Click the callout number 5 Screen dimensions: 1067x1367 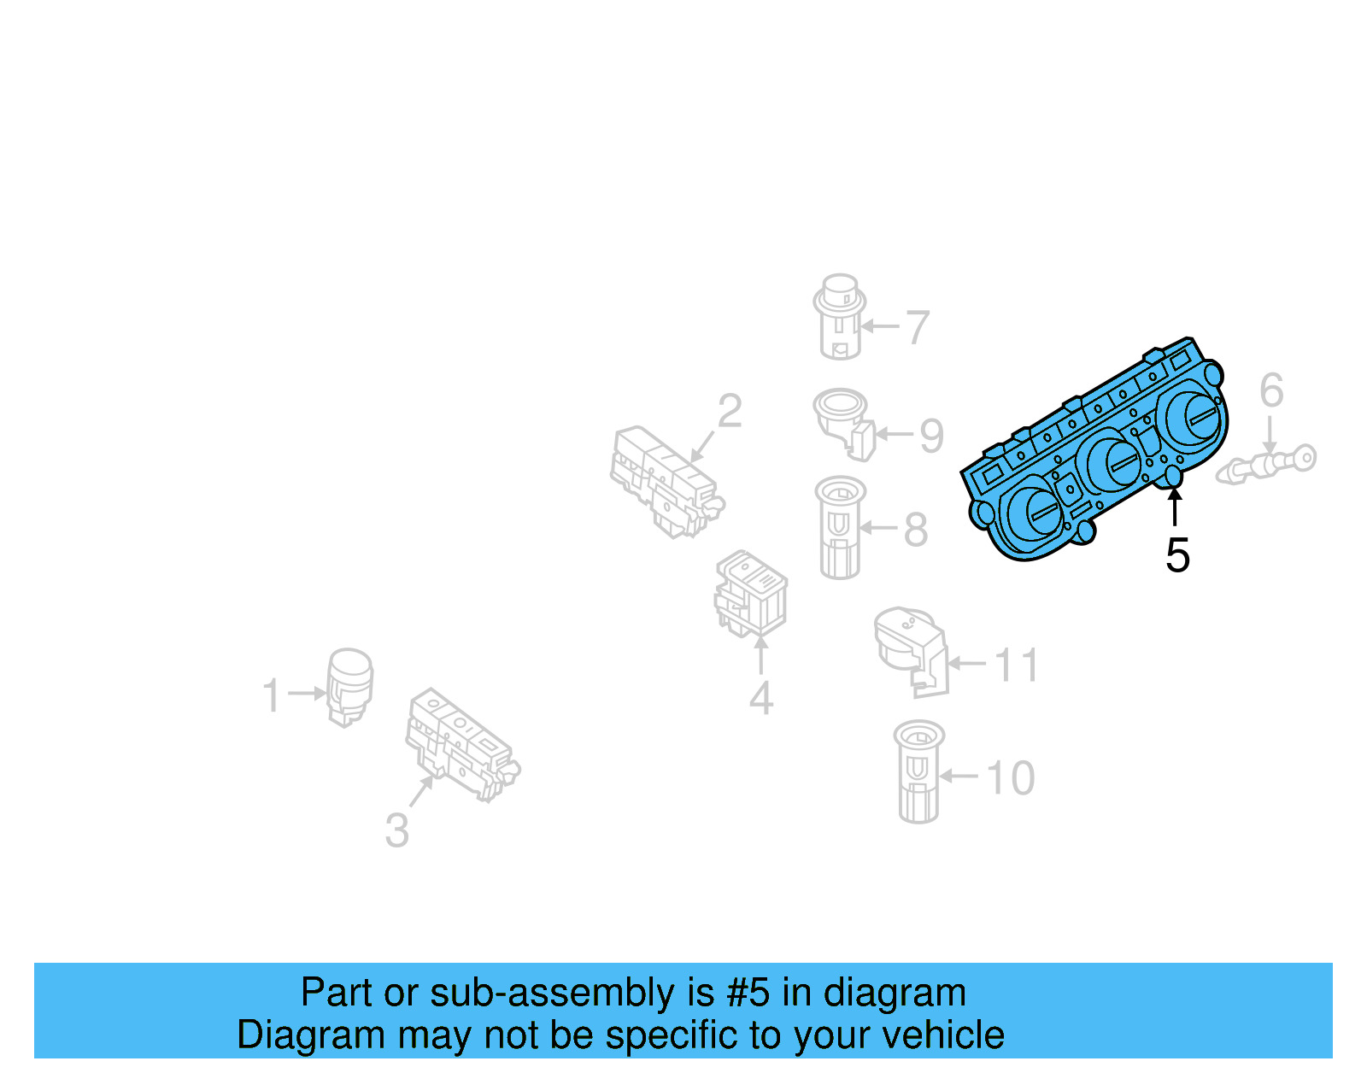[1177, 556]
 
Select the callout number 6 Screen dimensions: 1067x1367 [1271, 390]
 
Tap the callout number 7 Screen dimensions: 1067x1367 [917, 327]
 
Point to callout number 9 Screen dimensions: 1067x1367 [931, 436]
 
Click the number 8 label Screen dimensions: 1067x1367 [916, 531]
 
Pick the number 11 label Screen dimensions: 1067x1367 [1017, 665]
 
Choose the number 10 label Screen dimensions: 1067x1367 [1010, 778]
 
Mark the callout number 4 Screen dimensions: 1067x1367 [761, 698]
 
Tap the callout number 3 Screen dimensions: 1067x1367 [397, 830]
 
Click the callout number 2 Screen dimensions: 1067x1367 [730, 412]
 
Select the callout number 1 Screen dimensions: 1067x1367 [272, 695]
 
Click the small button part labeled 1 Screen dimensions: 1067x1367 [350, 685]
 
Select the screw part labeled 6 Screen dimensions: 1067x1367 [1269, 464]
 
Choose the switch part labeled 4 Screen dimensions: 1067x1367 [752, 593]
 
